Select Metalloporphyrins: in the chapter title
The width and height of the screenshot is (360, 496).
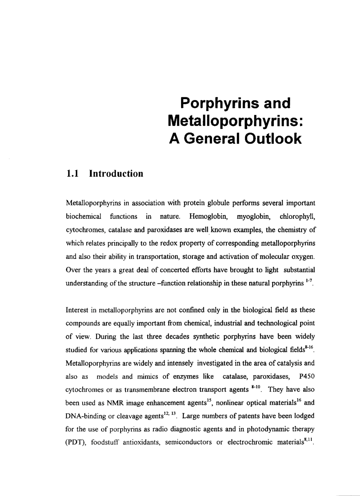(x=235, y=121)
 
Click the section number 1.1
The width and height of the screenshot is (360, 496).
(x=73, y=174)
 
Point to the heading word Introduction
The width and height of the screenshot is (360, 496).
(x=116, y=174)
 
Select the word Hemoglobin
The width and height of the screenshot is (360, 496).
(x=208, y=216)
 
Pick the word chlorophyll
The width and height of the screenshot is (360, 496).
(x=297, y=216)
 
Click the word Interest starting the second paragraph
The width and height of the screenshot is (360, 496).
(x=77, y=310)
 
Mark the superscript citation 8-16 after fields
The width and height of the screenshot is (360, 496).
(x=309, y=347)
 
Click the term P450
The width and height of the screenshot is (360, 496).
(x=307, y=377)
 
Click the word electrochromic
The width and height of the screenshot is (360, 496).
(x=250, y=442)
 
